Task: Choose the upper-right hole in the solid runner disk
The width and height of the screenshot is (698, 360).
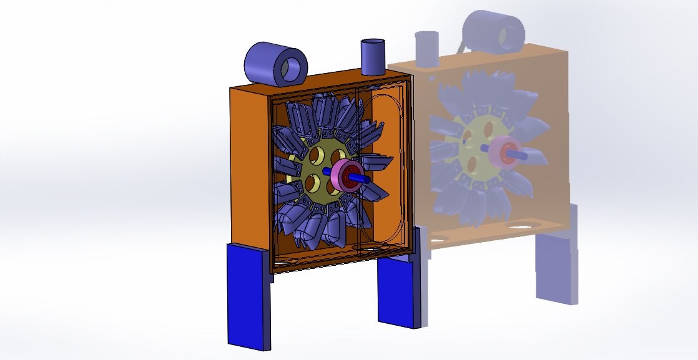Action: point(338,155)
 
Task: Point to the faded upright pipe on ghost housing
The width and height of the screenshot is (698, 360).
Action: point(428,49)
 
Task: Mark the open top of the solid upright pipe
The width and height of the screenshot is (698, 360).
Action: point(373,42)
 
